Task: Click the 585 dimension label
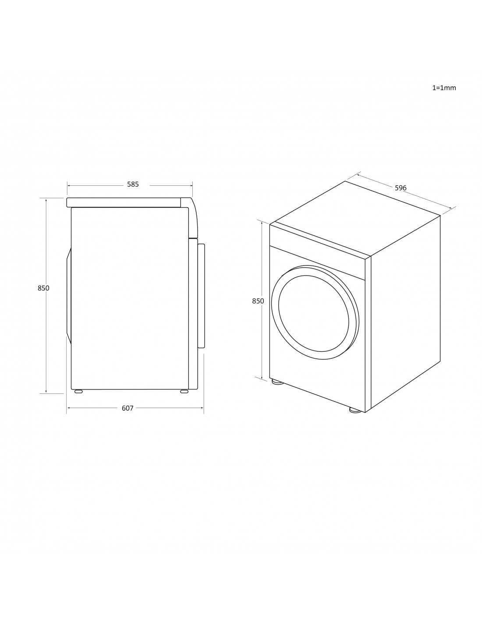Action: tap(133, 184)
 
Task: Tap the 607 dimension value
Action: tap(128, 408)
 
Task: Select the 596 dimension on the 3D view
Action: tap(400, 188)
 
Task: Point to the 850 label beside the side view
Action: tap(43, 288)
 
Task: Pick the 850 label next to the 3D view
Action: tap(258, 301)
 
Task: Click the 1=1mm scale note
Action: tap(444, 88)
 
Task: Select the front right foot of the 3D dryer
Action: tap(355, 410)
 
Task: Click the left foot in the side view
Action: tap(78, 391)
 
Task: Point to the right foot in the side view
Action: tap(184, 391)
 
